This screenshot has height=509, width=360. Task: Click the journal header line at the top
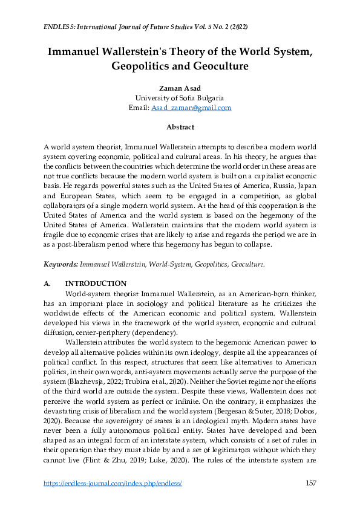pyautogui.click(x=145, y=28)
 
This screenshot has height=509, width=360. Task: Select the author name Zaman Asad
pyautogui.click(x=180, y=88)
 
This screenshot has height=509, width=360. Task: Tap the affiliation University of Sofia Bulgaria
pyautogui.click(x=180, y=98)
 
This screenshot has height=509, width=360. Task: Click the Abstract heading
pyautogui.click(x=180, y=127)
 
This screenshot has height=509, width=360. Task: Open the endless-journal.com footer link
pyautogui.click(x=113, y=484)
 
